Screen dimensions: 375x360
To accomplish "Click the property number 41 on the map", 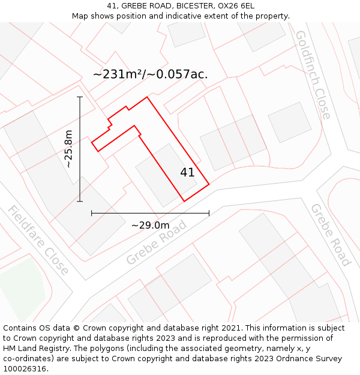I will coord(187,172).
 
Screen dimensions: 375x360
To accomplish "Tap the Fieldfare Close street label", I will coord(38,239).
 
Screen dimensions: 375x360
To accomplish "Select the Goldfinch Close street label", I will coord(313,74).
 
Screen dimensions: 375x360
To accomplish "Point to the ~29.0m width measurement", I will coord(150,226).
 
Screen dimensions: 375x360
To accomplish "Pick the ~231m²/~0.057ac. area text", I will coord(151,74).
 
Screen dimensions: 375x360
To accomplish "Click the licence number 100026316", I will coord(25,369).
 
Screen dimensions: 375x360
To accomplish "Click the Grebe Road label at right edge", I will coord(330,234).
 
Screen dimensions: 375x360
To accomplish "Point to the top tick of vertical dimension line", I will coord(80,97).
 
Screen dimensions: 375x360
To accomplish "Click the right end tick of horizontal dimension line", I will coord(209,212).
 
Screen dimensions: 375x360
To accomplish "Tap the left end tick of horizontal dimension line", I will coord(91,212).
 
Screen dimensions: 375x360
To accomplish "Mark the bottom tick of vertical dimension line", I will coord(80,202).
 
